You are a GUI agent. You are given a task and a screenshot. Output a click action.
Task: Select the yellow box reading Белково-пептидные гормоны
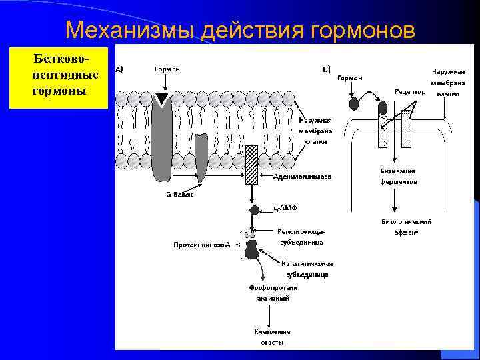coord(59,77)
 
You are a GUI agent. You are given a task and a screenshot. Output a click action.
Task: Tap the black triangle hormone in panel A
coord(161,99)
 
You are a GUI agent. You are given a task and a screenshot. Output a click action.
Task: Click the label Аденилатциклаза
coord(302,177)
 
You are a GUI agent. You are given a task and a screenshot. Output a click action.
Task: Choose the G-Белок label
coord(178,195)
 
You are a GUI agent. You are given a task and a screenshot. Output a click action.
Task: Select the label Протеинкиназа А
coord(202,245)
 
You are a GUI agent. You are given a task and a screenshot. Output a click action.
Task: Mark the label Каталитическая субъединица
coord(307,269)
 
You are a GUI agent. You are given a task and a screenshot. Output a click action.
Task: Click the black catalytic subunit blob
coord(253,249)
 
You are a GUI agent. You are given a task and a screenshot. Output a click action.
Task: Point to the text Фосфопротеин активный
coord(273,293)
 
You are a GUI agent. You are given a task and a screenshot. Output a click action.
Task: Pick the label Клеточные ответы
coord(272,337)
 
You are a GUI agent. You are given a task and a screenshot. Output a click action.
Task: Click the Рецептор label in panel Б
coord(409,91)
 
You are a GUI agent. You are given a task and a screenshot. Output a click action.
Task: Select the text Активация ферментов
coord(399,176)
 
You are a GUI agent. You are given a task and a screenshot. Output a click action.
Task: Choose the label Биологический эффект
coord(406,227)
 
